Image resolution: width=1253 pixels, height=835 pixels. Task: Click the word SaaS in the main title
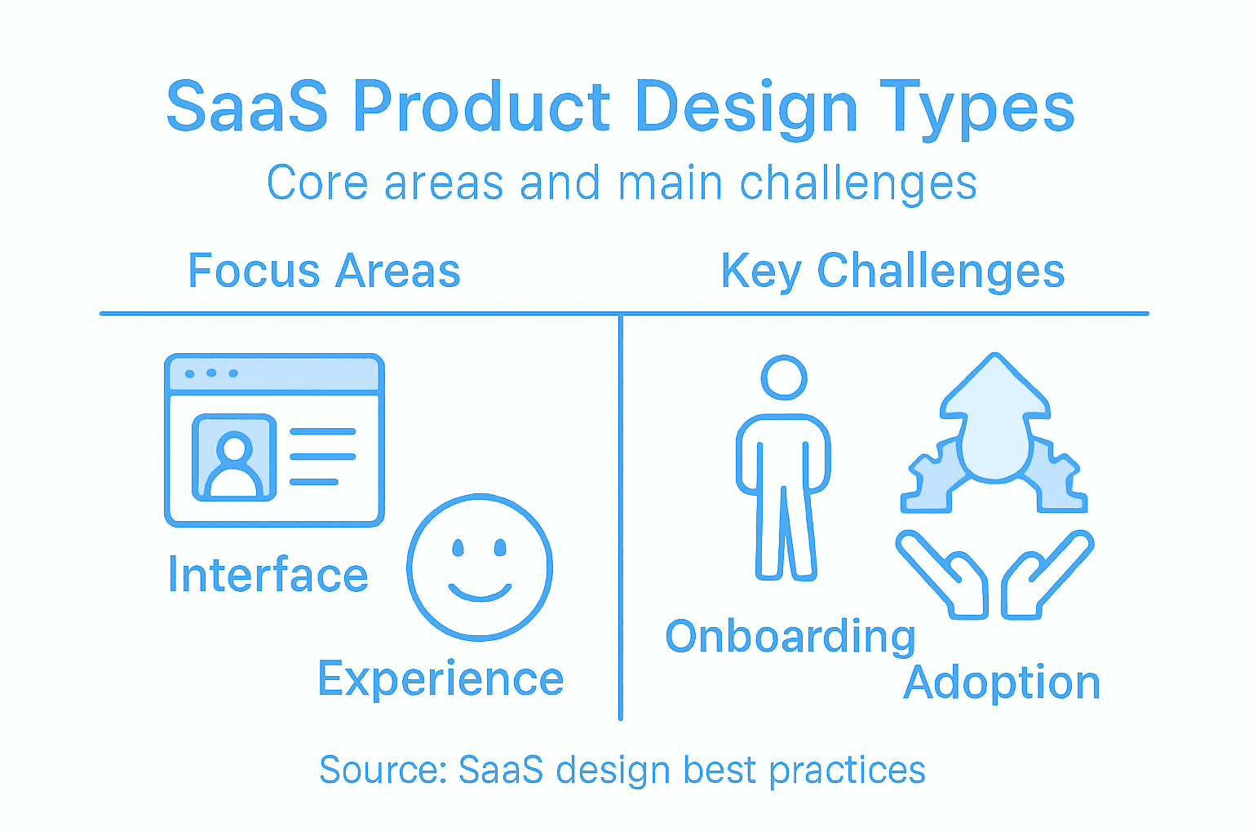click(247, 107)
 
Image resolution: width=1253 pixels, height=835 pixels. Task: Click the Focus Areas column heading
click(324, 271)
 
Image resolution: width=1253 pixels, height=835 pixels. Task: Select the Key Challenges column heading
click(892, 271)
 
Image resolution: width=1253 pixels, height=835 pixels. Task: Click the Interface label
click(268, 575)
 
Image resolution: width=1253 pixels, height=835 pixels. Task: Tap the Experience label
click(441, 678)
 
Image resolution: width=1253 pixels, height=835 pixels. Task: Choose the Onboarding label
click(790, 637)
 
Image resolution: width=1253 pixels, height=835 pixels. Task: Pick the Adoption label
click(1002, 683)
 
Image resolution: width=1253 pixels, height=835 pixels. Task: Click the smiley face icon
click(480, 568)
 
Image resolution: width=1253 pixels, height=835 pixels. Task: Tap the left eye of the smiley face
click(458, 547)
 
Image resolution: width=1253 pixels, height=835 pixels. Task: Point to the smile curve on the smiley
click(480, 593)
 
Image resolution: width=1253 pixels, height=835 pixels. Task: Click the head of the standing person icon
click(784, 378)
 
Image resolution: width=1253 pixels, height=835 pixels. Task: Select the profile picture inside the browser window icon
click(234, 457)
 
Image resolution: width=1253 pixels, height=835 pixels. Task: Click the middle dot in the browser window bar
click(211, 373)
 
